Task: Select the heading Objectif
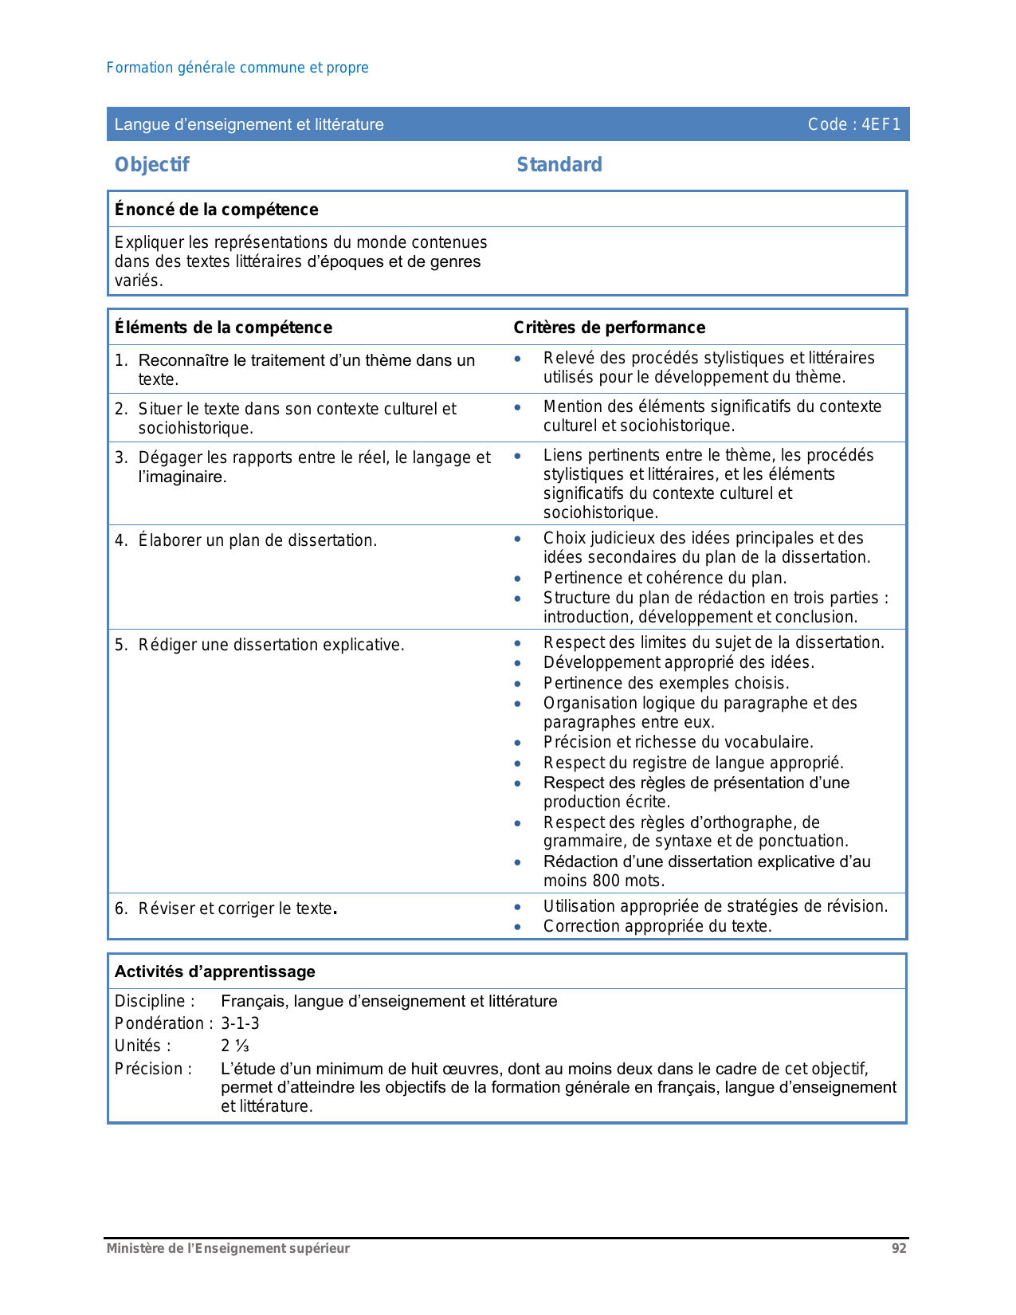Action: coord(151,165)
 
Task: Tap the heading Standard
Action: coord(559,165)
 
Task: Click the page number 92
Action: coord(899,1249)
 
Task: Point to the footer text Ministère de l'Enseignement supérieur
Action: coord(228,1249)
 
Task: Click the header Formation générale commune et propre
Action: coord(237,68)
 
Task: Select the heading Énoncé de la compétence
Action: coord(216,210)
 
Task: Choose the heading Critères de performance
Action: coord(609,328)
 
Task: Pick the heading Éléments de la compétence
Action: coord(223,328)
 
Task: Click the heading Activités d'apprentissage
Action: coord(214,972)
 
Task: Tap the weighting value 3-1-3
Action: coord(240,1023)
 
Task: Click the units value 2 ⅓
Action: coord(235,1046)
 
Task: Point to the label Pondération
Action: coord(163,1023)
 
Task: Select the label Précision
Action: coord(153,1069)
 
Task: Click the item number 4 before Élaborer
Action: coord(120,540)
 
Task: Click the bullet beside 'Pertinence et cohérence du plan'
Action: coord(518,579)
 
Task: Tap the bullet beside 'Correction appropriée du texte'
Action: coord(518,927)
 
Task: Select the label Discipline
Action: coord(154,1001)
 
